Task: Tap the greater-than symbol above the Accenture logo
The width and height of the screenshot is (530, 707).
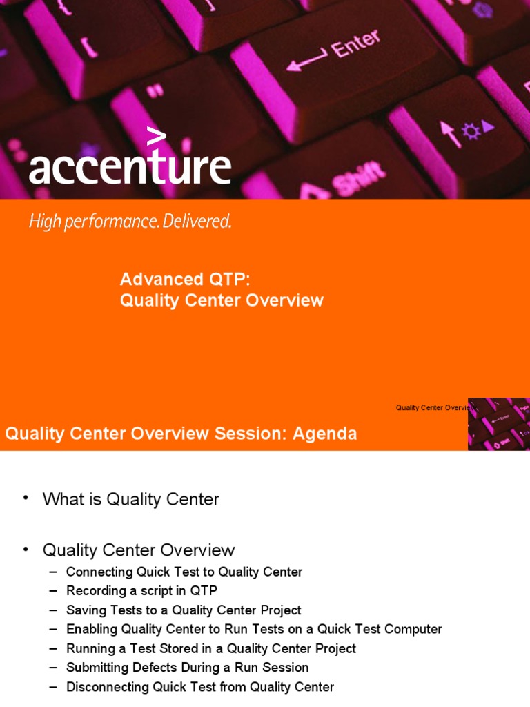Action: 157,137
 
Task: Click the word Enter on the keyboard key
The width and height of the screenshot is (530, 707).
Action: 355,45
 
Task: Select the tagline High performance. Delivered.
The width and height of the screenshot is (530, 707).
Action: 130,222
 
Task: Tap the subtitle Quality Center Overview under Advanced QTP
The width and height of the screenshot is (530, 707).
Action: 222,300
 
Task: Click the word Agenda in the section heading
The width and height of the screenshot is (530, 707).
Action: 324,434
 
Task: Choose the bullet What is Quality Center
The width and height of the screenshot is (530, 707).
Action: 130,499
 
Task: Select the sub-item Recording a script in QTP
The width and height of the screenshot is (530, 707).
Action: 141,591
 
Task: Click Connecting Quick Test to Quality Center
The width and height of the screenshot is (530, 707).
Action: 184,572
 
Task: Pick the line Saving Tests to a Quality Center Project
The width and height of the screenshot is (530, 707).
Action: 184,610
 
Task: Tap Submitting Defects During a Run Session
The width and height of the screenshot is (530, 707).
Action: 187,668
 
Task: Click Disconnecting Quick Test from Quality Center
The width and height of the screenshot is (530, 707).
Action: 200,687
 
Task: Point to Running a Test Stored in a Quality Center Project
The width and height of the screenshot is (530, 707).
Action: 211,648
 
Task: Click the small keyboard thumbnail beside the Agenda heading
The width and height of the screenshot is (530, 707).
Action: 498,424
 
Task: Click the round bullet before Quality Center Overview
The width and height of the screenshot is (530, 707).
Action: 26,549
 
